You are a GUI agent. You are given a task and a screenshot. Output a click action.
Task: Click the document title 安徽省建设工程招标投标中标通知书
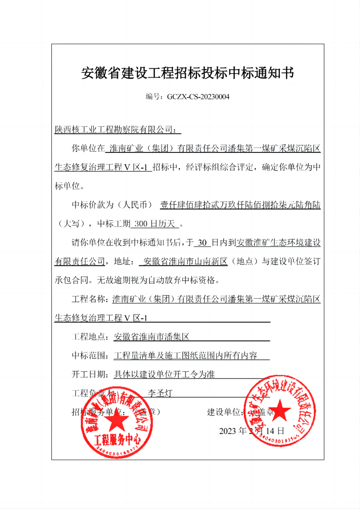187,73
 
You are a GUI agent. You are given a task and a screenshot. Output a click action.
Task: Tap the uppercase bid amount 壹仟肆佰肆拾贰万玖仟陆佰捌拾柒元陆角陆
240,205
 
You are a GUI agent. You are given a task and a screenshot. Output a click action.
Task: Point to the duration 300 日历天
157,223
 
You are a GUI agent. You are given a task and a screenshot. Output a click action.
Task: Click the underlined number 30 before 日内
202,243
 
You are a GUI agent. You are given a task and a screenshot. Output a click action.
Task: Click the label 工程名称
90,299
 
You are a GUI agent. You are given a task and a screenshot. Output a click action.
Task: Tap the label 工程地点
90,336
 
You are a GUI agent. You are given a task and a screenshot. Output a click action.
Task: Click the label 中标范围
90,355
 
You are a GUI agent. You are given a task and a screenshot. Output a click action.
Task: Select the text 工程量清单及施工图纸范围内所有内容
185,355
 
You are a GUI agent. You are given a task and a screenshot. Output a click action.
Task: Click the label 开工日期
90,374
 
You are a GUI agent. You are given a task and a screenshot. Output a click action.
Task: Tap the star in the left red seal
117,421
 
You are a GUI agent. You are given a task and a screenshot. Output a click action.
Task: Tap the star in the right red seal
279,410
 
